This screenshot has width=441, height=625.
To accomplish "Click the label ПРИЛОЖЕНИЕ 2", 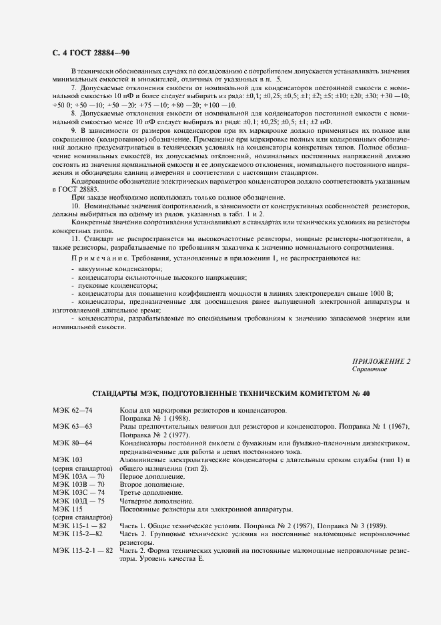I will (x=381, y=361).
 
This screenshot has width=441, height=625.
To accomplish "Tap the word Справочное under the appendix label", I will (x=369, y=369).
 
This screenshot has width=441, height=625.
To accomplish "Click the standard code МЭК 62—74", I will (x=73, y=409).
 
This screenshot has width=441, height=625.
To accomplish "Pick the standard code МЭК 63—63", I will (x=73, y=425).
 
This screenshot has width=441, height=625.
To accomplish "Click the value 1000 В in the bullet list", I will (x=380, y=292).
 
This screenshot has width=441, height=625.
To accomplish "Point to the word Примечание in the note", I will (x=93, y=257).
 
